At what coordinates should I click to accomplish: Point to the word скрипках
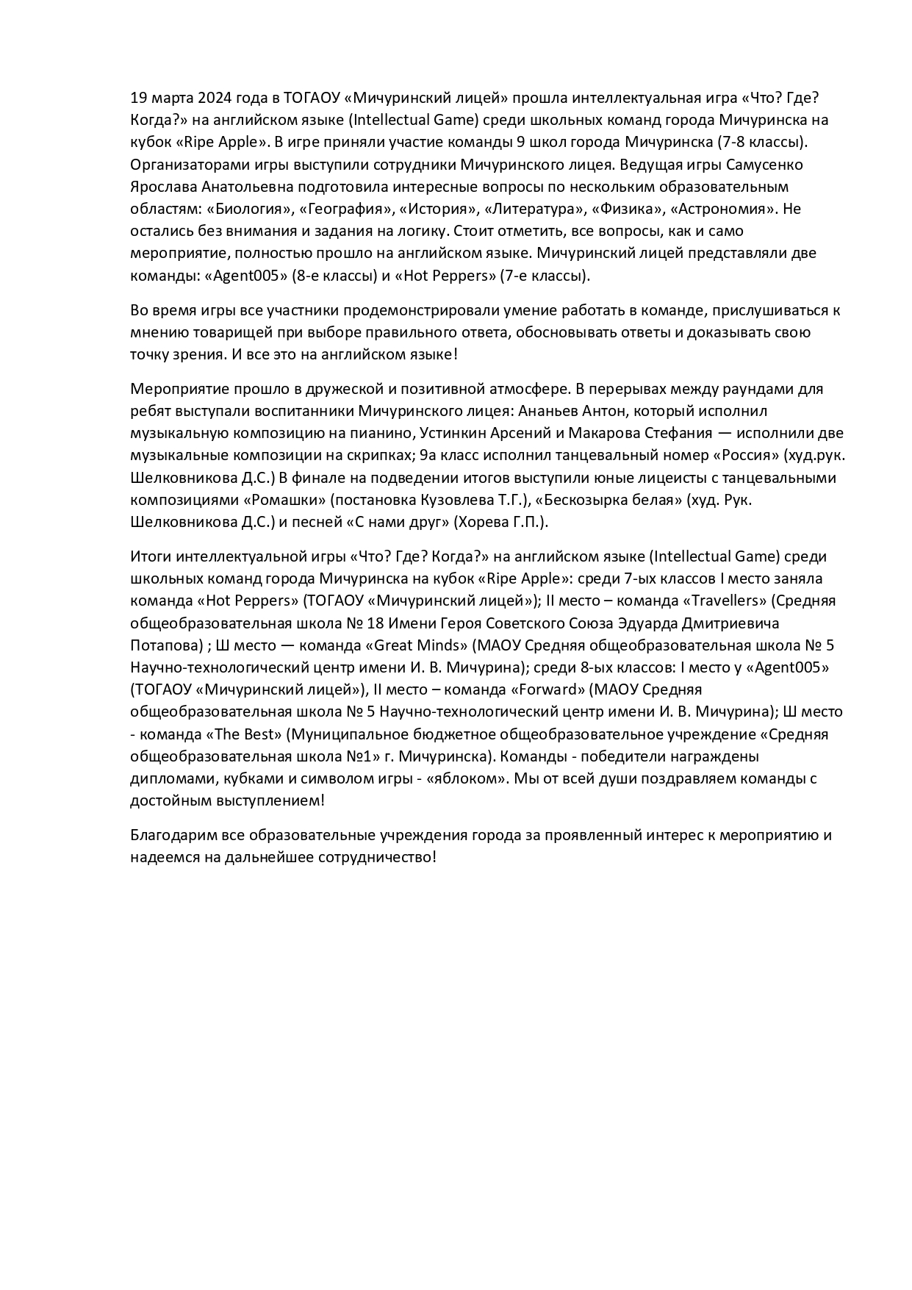(x=374, y=455)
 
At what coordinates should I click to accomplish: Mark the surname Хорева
(x=484, y=523)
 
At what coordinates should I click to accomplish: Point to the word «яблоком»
(x=467, y=778)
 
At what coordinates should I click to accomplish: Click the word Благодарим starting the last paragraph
(x=170, y=835)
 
